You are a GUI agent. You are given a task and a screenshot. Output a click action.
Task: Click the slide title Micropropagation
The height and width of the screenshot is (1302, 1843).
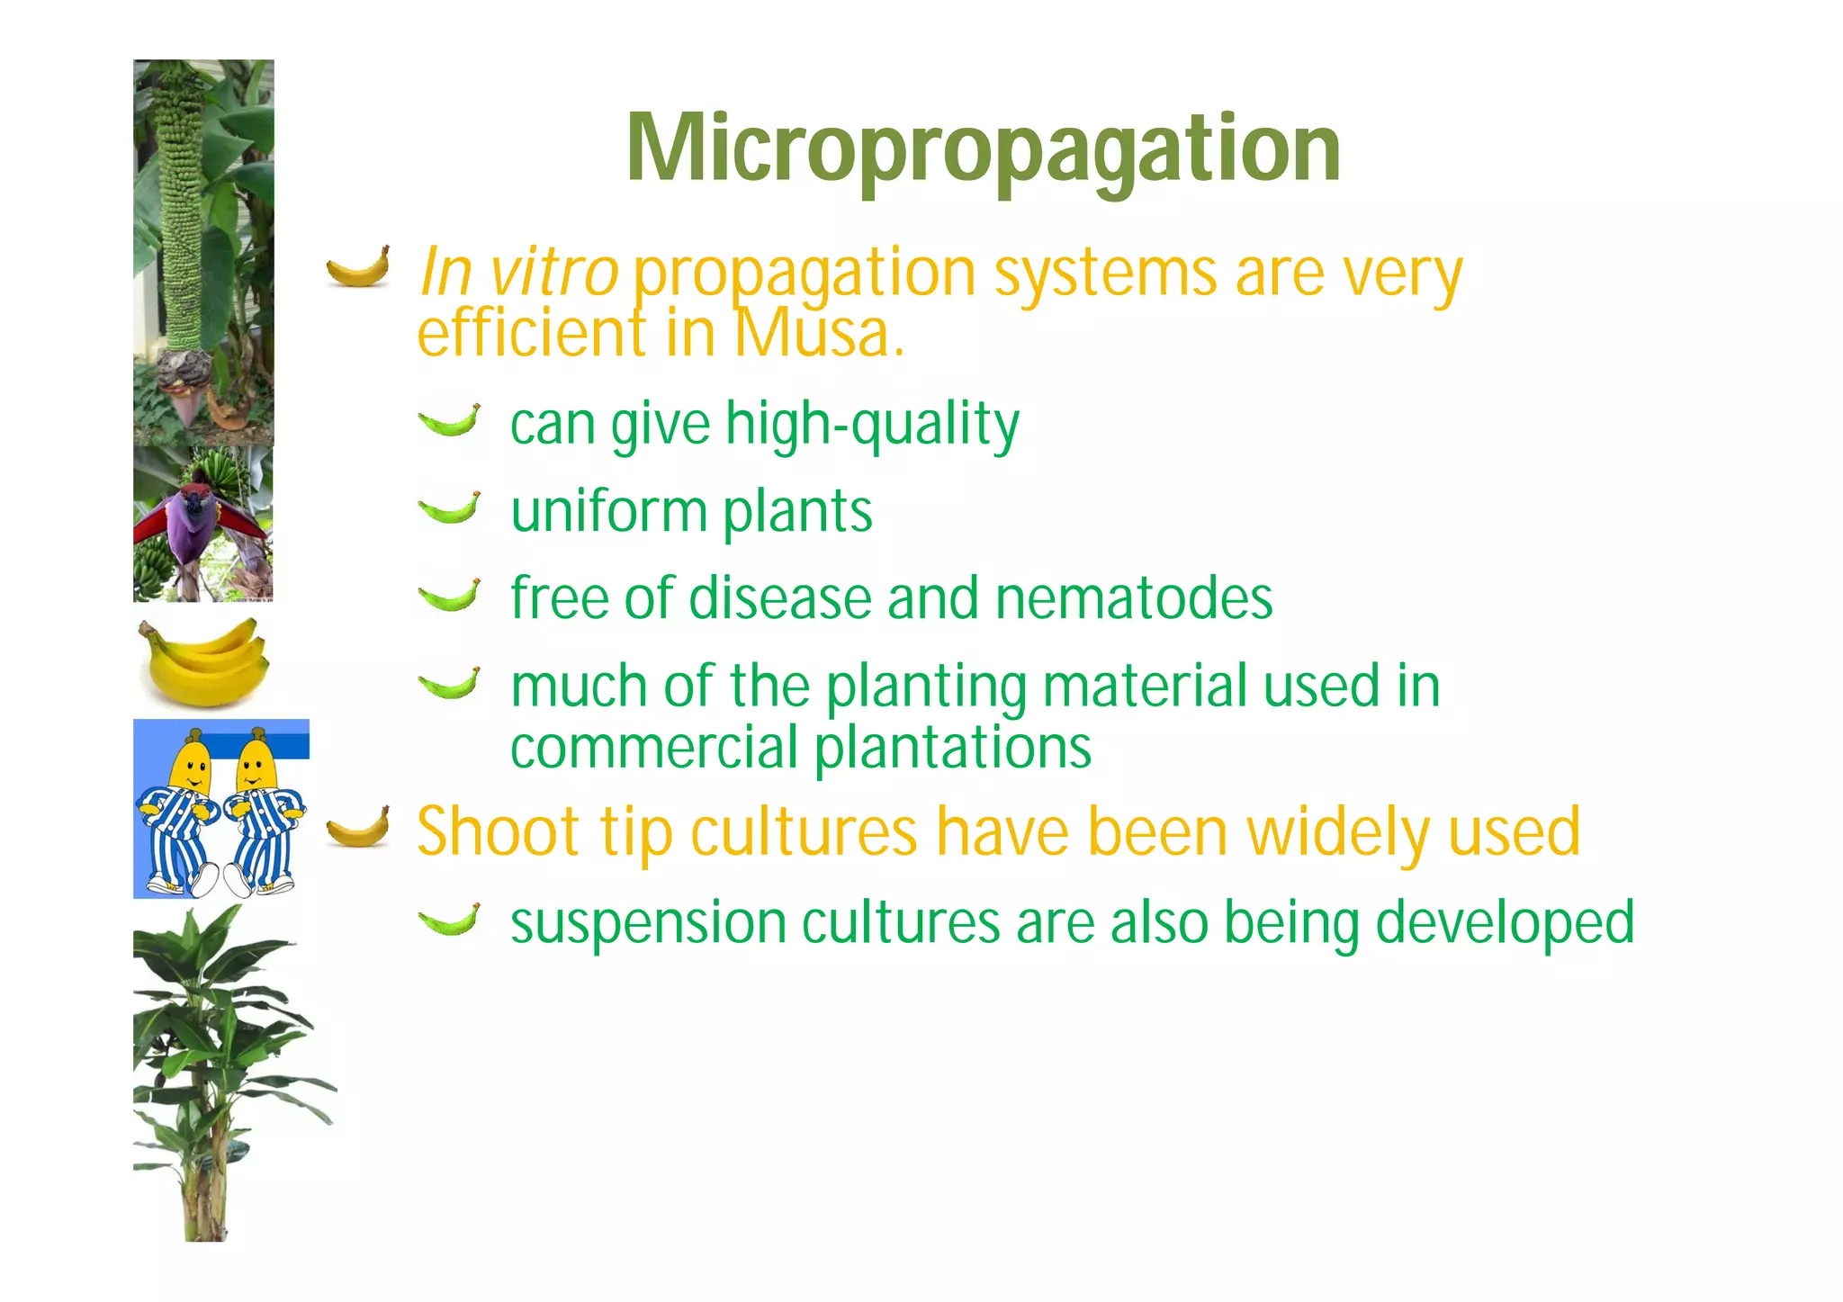click(x=984, y=150)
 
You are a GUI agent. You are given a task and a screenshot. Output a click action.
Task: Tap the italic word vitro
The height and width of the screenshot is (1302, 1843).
click(x=553, y=272)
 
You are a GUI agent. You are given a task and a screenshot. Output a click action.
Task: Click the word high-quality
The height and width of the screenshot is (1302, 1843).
click(x=873, y=425)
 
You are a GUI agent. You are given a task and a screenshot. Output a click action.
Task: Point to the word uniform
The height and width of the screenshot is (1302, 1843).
click(x=609, y=511)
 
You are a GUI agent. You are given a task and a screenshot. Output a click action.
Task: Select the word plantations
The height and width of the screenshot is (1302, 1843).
click(x=952, y=749)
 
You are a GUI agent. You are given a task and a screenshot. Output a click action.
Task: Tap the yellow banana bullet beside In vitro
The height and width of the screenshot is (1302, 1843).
click(x=359, y=268)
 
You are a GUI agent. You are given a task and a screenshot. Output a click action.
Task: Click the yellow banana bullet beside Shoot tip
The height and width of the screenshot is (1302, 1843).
click(x=359, y=829)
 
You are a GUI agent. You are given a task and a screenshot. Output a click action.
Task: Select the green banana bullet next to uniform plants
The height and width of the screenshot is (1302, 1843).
click(x=450, y=509)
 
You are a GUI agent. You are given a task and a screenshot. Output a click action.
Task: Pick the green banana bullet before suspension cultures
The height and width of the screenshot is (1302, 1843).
click(x=450, y=920)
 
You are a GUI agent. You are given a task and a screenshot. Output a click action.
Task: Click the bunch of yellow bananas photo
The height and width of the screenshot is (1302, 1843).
click(x=204, y=662)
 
